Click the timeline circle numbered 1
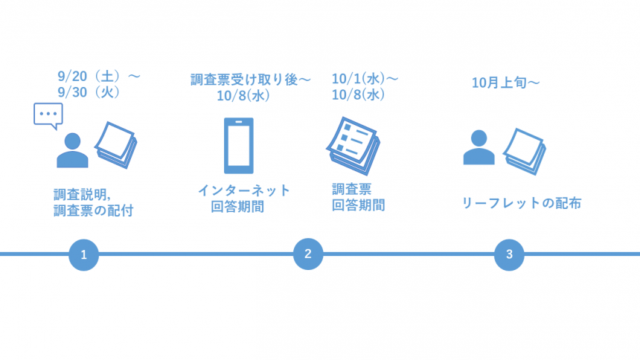(83, 254)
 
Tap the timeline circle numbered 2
(307, 254)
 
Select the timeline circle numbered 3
(509, 254)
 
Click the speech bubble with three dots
(48, 116)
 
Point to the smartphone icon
(238, 146)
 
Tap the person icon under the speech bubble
(72, 151)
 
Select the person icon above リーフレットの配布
(479, 147)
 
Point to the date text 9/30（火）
(89, 93)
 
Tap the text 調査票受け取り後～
(250, 80)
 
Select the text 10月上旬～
(505, 83)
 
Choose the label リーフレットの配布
(521, 203)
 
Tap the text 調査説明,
(82, 194)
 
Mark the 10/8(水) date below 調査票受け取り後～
(243, 95)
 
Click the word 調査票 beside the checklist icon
(351, 188)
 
